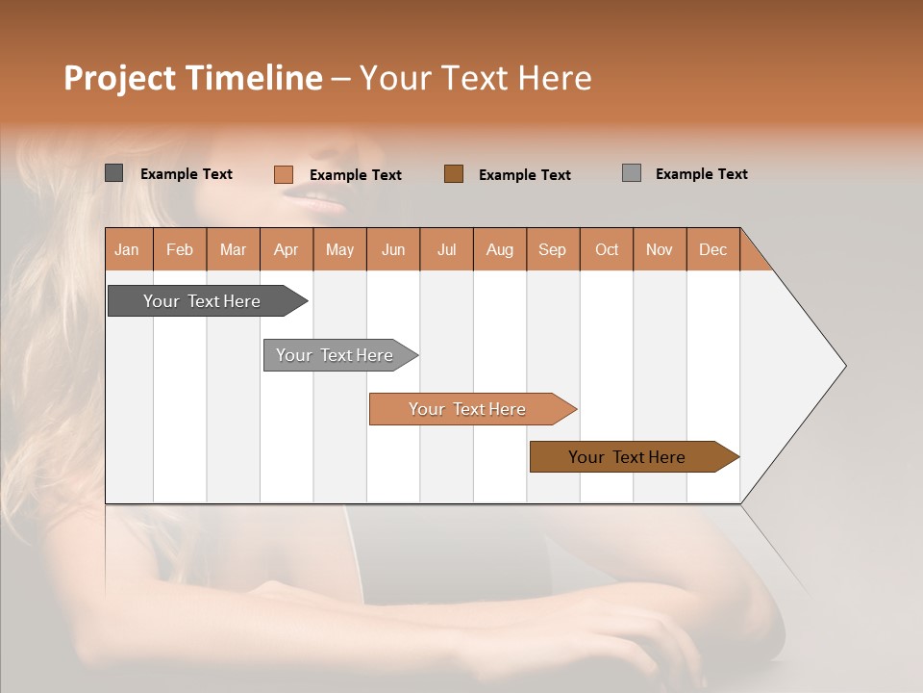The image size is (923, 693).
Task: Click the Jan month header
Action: (x=128, y=249)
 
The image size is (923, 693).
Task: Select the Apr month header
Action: (x=287, y=249)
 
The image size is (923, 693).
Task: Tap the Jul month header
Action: (x=446, y=249)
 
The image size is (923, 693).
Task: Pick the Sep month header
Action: (x=553, y=249)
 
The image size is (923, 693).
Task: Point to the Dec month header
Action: (x=712, y=249)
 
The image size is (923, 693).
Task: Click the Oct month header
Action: (x=607, y=249)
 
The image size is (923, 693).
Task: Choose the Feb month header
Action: (x=180, y=249)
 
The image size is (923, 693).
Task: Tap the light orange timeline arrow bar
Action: (x=469, y=409)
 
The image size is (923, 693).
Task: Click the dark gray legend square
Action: (x=114, y=173)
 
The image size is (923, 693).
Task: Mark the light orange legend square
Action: (x=284, y=174)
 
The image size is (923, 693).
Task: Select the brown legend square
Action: (x=454, y=173)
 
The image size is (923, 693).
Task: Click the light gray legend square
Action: (x=632, y=173)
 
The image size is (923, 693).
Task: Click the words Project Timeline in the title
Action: (x=192, y=78)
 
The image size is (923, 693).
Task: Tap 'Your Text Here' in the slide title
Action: (x=475, y=78)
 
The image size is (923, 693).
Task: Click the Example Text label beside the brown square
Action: (x=525, y=175)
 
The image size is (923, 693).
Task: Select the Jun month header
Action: (x=393, y=249)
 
